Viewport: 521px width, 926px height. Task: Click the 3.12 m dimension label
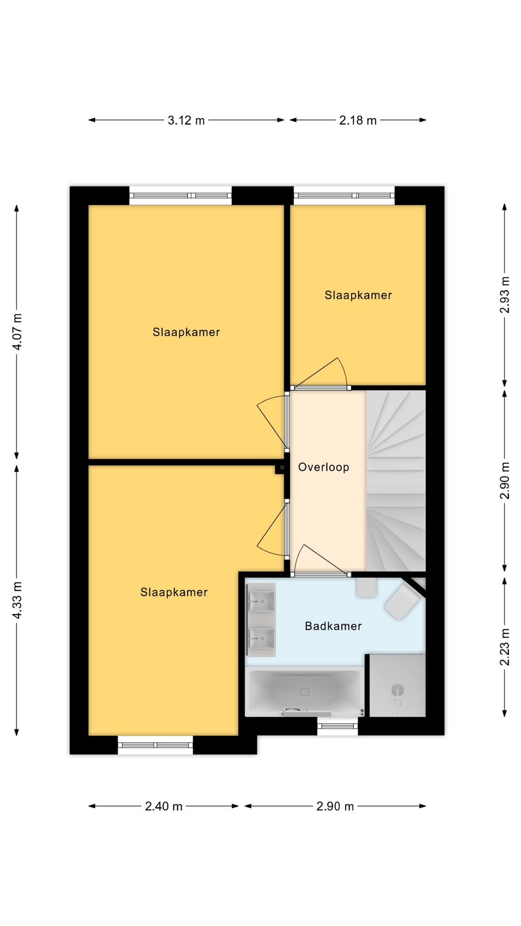pos(186,121)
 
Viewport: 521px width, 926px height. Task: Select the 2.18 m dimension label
pos(357,121)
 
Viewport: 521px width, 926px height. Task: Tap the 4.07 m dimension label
pos(17,332)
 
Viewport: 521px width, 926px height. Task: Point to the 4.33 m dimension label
pos(17,600)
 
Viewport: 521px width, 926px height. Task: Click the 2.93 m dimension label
pos(505,295)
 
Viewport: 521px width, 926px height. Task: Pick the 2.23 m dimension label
pos(505,647)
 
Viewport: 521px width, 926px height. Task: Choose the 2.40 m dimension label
pos(164,806)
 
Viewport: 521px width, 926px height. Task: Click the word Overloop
pos(324,467)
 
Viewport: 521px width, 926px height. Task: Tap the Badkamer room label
pos(333,626)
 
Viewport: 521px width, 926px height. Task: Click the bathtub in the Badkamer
pos(304,692)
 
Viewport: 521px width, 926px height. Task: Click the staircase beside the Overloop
pos(396,481)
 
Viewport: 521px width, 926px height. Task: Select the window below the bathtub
pos(338,726)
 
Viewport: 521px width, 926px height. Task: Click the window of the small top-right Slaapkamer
pos(344,195)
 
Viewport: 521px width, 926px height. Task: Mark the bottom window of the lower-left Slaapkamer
pos(155,745)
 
